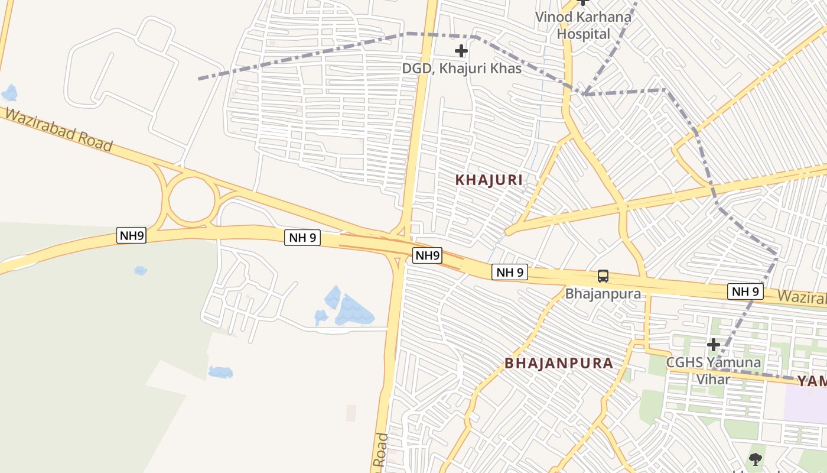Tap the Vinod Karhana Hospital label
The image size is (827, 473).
[583, 25]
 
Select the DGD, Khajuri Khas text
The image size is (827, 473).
[461, 69]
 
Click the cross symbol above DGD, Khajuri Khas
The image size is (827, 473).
[461, 51]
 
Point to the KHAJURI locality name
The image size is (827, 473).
[489, 180]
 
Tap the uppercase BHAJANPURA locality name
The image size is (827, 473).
[559, 363]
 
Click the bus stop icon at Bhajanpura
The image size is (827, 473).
[603, 276]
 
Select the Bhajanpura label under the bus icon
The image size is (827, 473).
[603, 293]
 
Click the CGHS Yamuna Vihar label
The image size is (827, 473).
[713, 370]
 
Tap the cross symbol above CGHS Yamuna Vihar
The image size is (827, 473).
[713, 344]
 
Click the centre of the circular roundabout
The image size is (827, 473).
[191, 200]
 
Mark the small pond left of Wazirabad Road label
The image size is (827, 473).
[9, 93]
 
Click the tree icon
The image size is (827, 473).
[755, 459]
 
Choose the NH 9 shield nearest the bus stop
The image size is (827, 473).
[509, 272]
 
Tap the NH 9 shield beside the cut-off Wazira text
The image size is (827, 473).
[745, 291]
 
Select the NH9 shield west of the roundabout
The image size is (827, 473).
[131, 236]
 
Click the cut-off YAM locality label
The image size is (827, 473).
[812, 381]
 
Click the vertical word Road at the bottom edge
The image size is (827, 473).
[382, 452]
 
